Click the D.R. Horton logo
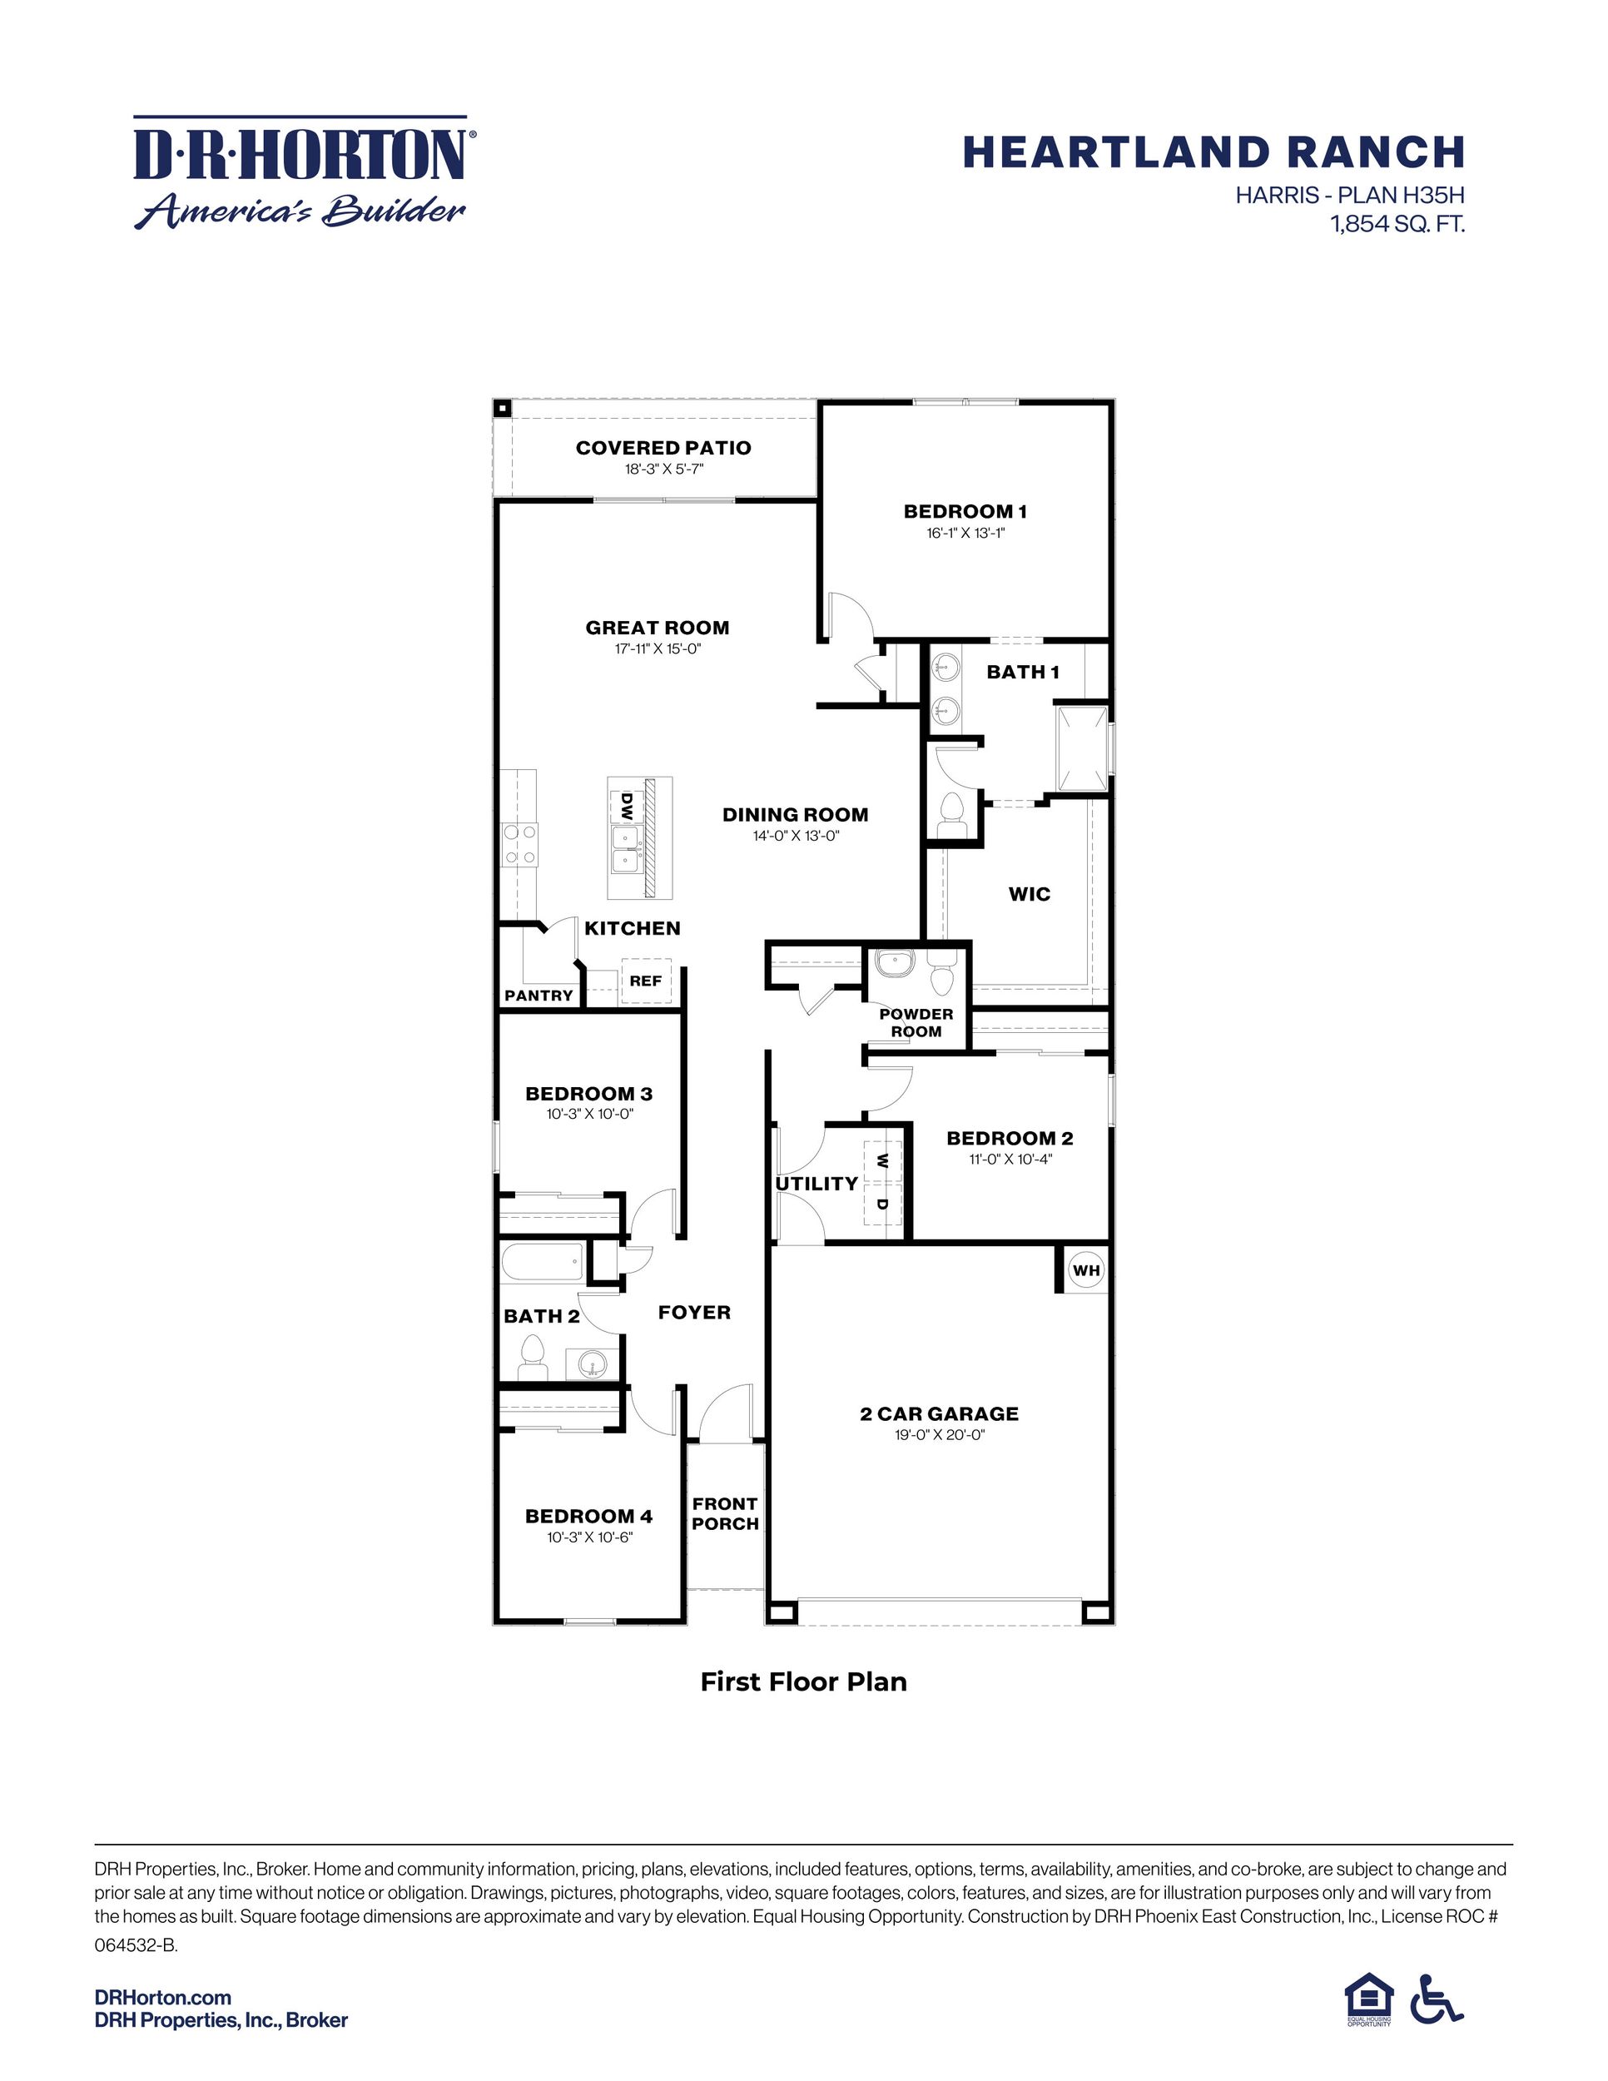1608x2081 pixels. (x=301, y=172)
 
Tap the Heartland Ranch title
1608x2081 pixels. (x=1213, y=152)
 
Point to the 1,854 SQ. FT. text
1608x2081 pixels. (x=1397, y=225)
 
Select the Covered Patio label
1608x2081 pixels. (x=663, y=448)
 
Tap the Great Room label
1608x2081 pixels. (x=658, y=628)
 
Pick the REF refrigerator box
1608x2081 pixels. (x=646, y=981)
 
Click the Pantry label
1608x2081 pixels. (x=538, y=996)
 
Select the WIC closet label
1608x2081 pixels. (x=1029, y=894)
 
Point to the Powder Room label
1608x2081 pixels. (x=916, y=1022)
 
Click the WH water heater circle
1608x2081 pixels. (x=1086, y=1270)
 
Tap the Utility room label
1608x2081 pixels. (x=816, y=1184)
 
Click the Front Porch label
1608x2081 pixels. (x=725, y=1514)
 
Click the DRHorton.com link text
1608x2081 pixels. (x=163, y=1997)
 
